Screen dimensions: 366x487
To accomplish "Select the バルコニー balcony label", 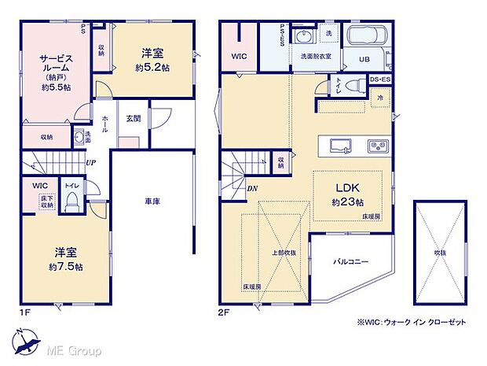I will (x=351, y=261).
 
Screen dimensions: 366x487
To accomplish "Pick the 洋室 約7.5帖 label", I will (x=67, y=259).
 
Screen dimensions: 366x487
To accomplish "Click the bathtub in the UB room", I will (x=364, y=36).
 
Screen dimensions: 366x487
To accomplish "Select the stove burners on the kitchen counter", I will (x=375, y=146).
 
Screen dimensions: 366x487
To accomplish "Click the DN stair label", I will (x=251, y=189).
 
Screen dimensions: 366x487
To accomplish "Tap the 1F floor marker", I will (x=24, y=312).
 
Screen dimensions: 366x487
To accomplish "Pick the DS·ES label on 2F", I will (x=380, y=79).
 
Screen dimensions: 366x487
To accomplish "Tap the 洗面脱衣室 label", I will (x=315, y=56).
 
